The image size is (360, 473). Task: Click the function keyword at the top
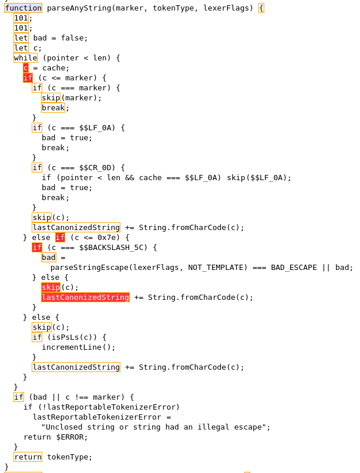[23, 8]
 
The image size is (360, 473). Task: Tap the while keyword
[25, 58]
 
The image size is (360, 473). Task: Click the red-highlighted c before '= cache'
[25, 68]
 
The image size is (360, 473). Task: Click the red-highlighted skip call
[51, 288]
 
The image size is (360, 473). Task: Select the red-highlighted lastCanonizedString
[85, 298]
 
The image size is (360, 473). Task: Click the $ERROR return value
[72, 437]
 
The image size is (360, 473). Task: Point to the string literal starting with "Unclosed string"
[156, 427]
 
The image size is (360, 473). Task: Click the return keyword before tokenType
[28, 457]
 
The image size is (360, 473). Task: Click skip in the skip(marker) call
[51, 98]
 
